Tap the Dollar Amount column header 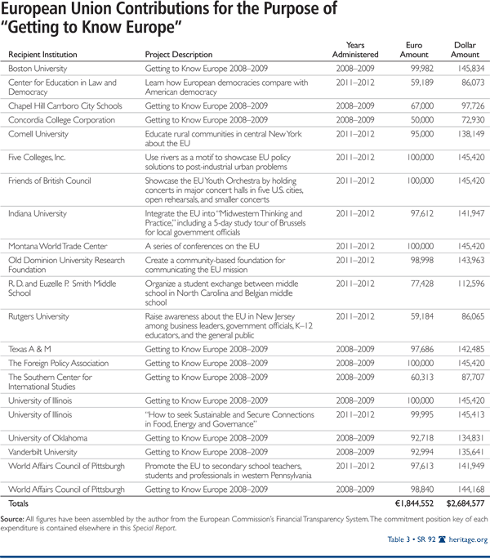465,48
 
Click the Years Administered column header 362,48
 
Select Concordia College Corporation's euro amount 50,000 421,119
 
